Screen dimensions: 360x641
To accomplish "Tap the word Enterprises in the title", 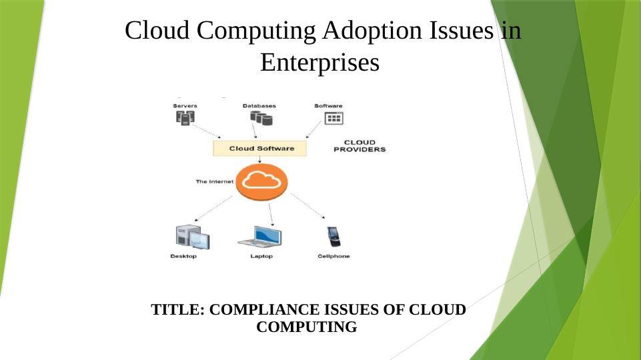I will click(319, 63).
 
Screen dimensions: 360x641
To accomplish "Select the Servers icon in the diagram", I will click(185, 118).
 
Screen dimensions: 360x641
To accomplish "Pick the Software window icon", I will click(333, 118).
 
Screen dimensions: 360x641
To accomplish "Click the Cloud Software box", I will click(260, 148).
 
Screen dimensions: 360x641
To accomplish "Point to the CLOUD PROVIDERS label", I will click(359, 146).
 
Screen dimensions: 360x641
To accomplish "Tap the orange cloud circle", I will click(261, 181).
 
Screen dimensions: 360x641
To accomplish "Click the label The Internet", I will click(214, 181).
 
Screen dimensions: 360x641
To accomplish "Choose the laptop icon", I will click(259, 237).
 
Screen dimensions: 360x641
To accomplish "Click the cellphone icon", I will click(333, 237).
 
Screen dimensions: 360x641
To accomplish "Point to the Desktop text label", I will click(183, 257).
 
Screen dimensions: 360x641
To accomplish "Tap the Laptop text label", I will click(261, 257).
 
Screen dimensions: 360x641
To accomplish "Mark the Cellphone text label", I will click(334, 257).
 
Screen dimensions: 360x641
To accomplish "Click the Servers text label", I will click(185, 105).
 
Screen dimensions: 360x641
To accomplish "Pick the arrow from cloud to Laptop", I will click(270, 213).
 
